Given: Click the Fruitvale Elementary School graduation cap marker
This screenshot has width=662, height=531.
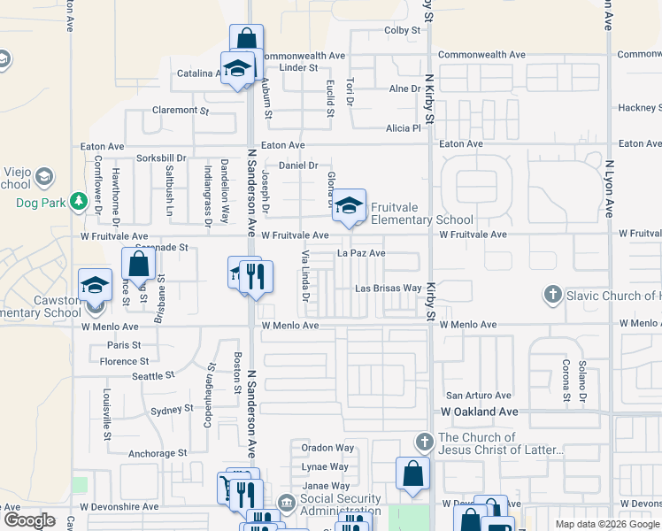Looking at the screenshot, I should [x=350, y=205].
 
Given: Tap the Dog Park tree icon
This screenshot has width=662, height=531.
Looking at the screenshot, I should [x=79, y=202].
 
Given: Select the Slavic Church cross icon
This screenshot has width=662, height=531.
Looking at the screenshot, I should [x=553, y=295].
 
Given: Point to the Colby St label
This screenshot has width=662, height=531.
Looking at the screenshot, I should [x=402, y=30].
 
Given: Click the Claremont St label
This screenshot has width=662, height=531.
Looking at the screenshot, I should [x=180, y=111].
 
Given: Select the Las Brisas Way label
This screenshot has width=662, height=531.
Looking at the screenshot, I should [x=389, y=289].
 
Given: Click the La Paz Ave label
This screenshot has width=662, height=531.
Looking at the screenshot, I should [x=361, y=253].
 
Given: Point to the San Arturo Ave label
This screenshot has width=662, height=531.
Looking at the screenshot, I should [x=478, y=396].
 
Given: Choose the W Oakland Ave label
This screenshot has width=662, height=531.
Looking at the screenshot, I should [x=480, y=412].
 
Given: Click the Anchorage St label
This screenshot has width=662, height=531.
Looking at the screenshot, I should [x=158, y=453].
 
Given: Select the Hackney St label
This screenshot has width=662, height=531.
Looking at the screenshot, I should [x=640, y=108].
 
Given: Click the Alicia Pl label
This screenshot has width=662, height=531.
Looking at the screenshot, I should [x=404, y=127].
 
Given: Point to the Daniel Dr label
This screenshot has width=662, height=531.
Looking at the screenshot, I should [x=298, y=165].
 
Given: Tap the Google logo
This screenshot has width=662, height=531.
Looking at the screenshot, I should [x=29, y=520].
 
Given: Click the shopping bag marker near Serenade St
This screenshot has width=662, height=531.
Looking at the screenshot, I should [x=138, y=263].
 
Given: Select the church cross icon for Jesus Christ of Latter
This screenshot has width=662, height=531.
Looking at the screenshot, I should [x=424, y=442].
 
